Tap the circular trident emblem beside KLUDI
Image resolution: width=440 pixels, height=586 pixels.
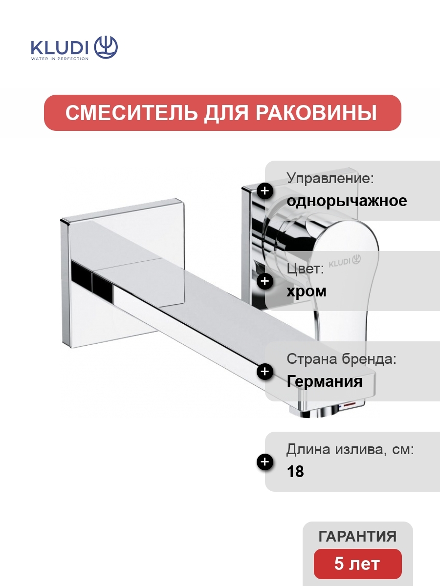click(106, 47)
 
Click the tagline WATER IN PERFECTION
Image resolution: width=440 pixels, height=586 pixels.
click(60, 59)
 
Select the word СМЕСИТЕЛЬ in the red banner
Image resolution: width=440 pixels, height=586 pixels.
click(132, 113)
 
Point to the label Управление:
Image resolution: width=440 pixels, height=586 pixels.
click(330, 178)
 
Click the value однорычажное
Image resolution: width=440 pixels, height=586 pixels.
click(347, 201)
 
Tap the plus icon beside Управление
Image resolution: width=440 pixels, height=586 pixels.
click(265, 191)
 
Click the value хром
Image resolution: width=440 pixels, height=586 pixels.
click(307, 291)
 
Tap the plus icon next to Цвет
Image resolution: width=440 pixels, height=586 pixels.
click(265, 281)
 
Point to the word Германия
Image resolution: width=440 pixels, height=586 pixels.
click(324, 381)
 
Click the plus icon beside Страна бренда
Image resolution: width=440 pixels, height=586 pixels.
click(265, 372)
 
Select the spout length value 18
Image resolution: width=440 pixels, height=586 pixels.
click(295, 472)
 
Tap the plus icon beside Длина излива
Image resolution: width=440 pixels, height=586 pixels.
click(265, 462)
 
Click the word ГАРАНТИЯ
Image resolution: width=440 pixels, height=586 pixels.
click(357, 536)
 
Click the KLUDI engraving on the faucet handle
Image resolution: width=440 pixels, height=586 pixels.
click(345, 261)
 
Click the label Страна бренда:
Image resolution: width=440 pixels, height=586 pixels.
click(341, 359)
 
